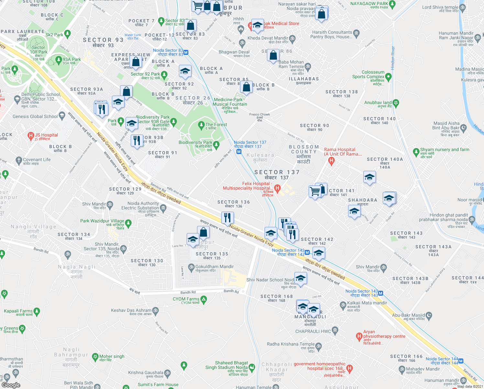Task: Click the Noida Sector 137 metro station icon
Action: [x=239, y=152]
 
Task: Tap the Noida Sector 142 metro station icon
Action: [x=307, y=252]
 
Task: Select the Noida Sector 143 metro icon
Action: [x=380, y=293]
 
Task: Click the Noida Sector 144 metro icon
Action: [x=461, y=361]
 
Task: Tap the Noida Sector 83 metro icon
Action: [x=186, y=52]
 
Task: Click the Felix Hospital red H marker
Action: [x=277, y=188]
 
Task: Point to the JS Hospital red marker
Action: [x=31, y=135]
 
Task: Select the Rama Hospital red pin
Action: [x=331, y=160]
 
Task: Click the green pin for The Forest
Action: [x=201, y=124]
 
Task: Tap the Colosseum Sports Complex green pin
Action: [x=389, y=77]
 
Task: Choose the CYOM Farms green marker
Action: [x=203, y=300]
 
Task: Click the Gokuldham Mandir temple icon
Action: [x=191, y=266]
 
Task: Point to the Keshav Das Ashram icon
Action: [x=155, y=311]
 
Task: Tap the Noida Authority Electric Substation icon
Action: [x=163, y=207]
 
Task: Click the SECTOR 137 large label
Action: [x=277, y=172]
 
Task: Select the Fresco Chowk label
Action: [x=259, y=114]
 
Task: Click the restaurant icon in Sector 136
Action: [x=227, y=218]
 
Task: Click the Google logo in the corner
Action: [x=11, y=385]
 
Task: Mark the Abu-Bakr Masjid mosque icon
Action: [x=429, y=315]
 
